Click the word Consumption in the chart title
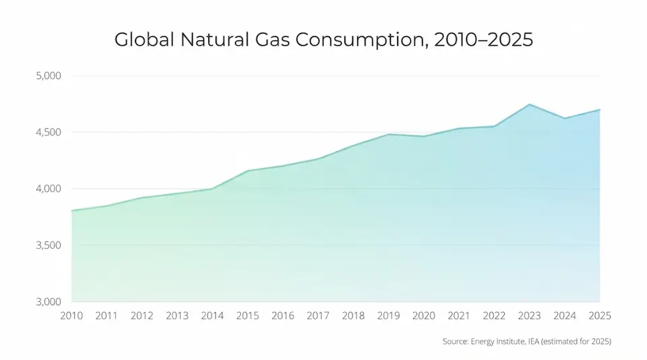[360, 40]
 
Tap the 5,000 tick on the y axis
[49, 76]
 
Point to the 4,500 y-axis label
[49, 132]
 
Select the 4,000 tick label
[49, 189]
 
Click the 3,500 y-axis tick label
[49, 245]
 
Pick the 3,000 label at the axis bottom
[49, 302]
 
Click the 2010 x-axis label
[71, 316]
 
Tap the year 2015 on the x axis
[247, 316]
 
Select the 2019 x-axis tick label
[388, 316]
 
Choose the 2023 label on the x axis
[530, 316]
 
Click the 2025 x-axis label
[600, 316]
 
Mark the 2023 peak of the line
[530, 104]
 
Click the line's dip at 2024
[565, 119]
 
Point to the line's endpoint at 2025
[600, 110]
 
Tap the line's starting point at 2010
[72, 210]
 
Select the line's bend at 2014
[212, 189]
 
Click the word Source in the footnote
[456, 341]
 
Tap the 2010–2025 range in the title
[484, 40]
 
